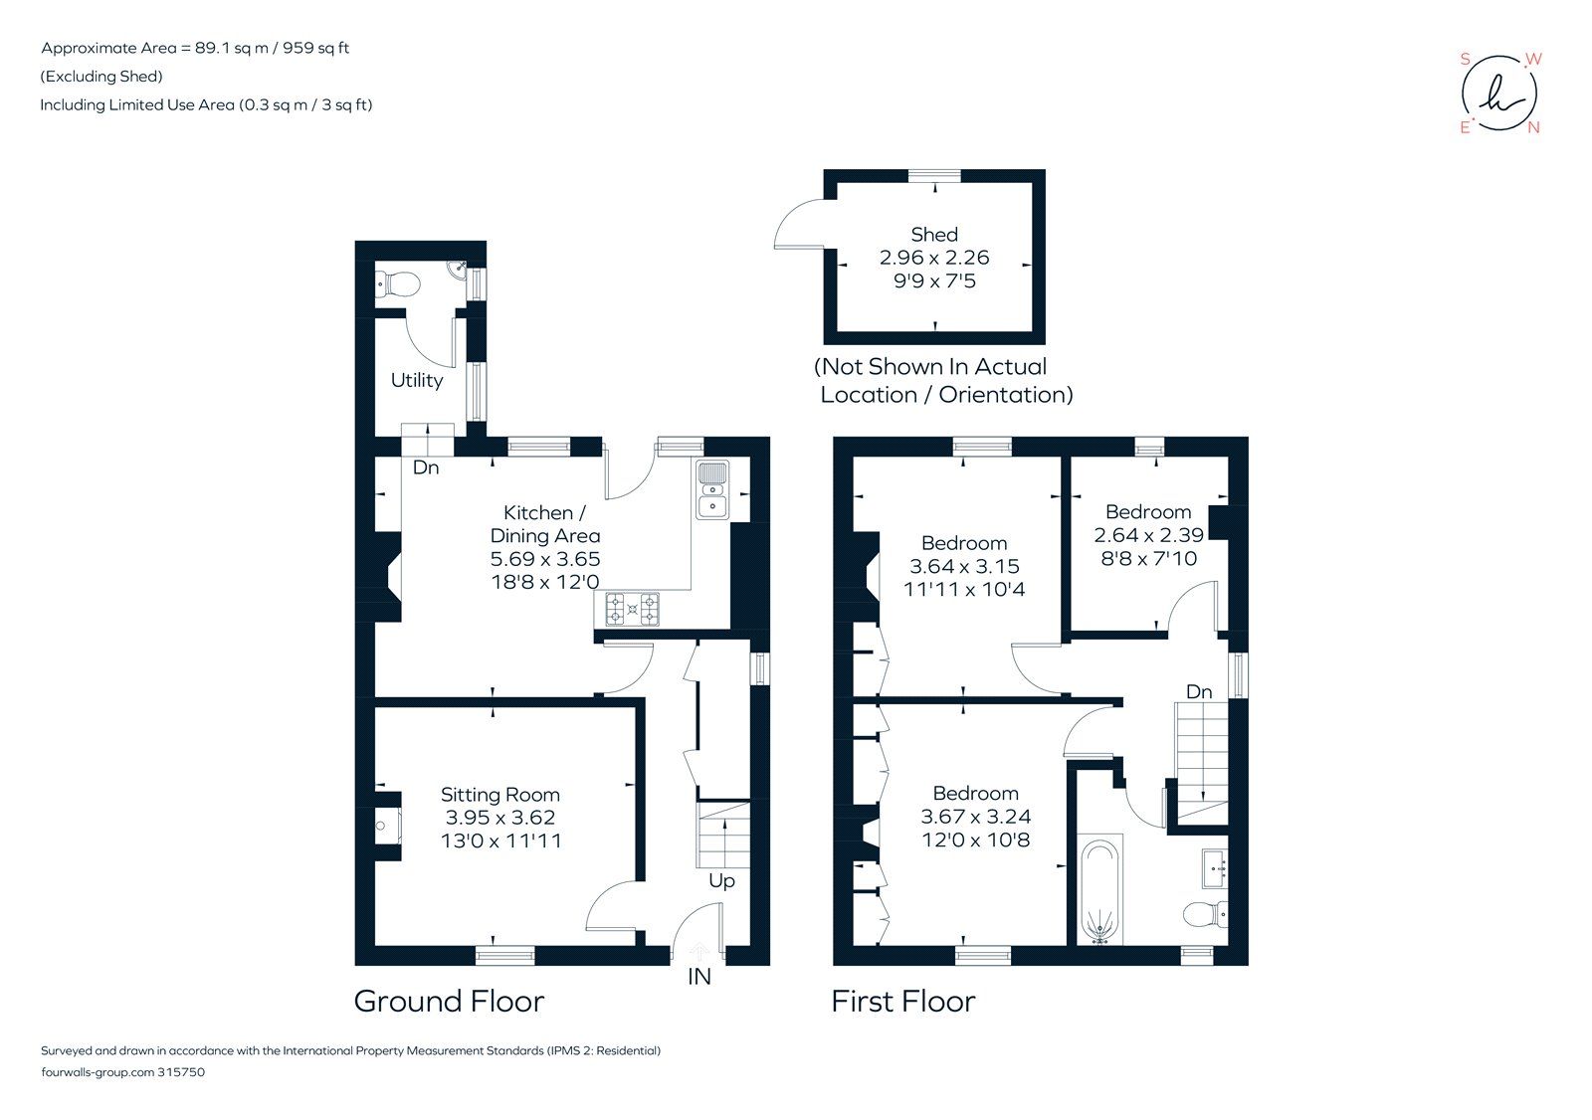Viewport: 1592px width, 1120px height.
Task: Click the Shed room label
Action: coord(933,235)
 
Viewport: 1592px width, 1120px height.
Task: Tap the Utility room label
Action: coord(416,380)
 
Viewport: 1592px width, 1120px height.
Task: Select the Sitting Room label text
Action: coord(499,795)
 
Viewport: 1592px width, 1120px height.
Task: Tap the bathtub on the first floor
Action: coord(1100,890)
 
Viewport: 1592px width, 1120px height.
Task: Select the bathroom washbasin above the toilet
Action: coord(1214,867)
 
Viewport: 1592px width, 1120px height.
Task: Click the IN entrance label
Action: coord(699,977)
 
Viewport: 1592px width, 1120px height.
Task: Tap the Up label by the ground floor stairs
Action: coord(721,881)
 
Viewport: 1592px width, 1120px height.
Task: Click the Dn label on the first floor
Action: coord(1198,691)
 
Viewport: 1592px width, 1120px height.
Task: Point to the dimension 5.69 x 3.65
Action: coord(544,559)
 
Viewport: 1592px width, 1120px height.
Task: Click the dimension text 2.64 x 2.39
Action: coord(1148,535)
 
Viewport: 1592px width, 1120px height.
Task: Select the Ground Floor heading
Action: coord(449,1001)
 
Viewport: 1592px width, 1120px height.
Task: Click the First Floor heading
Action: coord(902,1001)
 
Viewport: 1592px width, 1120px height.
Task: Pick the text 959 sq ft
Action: coord(315,48)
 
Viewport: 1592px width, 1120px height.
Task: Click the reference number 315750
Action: coord(181,1072)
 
